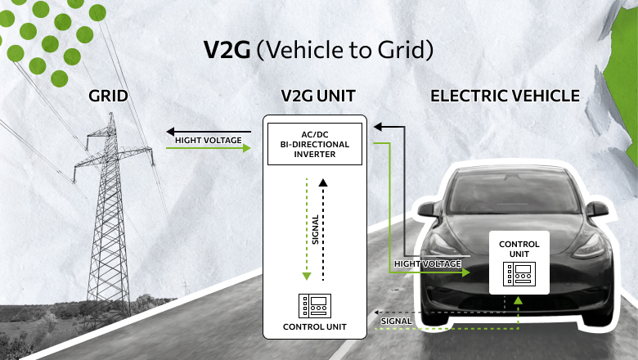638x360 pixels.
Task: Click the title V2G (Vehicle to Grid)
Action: pyautogui.click(x=317, y=49)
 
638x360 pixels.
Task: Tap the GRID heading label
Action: pyautogui.click(x=109, y=97)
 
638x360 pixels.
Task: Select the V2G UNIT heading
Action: pyautogui.click(x=318, y=97)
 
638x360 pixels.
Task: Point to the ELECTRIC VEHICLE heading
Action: pyautogui.click(x=505, y=97)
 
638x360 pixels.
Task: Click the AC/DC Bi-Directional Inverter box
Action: pyautogui.click(x=315, y=144)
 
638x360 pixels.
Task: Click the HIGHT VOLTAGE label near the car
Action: pyautogui.click(x=427, y=264)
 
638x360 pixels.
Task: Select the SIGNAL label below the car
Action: pyautogui.click(x=397, y=322)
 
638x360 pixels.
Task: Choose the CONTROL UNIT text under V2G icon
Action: pyautogui.click(x=315, y=327)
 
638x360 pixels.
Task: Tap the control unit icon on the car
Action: pyautogui.click(x=519, y=274)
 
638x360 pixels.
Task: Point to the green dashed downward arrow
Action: pyautogui.click(x=305, y=229)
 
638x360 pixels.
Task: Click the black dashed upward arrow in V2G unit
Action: pyautogui.click(x=325, y=229)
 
